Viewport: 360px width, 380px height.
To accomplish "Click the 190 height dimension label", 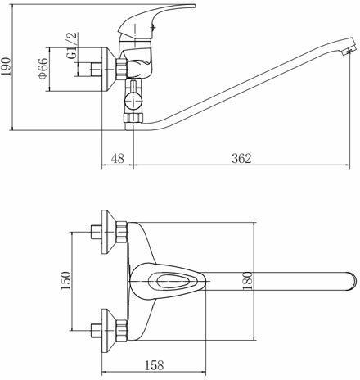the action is pyautogui.click(x=6, y=67).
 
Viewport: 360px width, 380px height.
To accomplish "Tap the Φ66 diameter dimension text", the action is pyautogui.click(x=43, y=69).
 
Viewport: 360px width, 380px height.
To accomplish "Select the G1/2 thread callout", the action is pyautogui.click(x=72, y=45).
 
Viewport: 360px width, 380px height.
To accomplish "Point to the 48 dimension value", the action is pyautogui.click(x=118, y=158).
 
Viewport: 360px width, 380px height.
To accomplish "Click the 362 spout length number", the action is pyautogui.click(x=241, y=158).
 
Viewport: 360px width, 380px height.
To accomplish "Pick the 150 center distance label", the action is pyautogui.click(x=65, y=281).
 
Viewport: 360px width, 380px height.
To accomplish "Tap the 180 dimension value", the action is pyautogui.click(x=248, y=281).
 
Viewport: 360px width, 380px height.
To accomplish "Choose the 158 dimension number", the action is pyautogui.click(x=154, y=365).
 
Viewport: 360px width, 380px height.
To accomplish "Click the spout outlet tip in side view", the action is pyautogui.click(x=349, y=51).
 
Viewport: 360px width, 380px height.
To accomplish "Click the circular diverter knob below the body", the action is pyautogui.click(x=133, y=101).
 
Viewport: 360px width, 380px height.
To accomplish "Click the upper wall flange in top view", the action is pyautogui.click(x=108, y=232).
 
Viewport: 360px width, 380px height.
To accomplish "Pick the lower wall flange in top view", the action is pyautogui.click(x=108, y=331).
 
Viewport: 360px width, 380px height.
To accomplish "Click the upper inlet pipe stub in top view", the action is pyautogui.click(x=96, y=232).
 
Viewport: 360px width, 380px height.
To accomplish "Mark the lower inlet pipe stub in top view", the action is pyautogui.click(x=96, y=331).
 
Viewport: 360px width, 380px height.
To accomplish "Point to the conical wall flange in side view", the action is pyautogui.click(x=109, y=70).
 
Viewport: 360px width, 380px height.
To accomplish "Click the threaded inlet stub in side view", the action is pyautogui.click(x=96, y=70).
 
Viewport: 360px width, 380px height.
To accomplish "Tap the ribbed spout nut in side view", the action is pyautogui.click(x=133, y=118).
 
